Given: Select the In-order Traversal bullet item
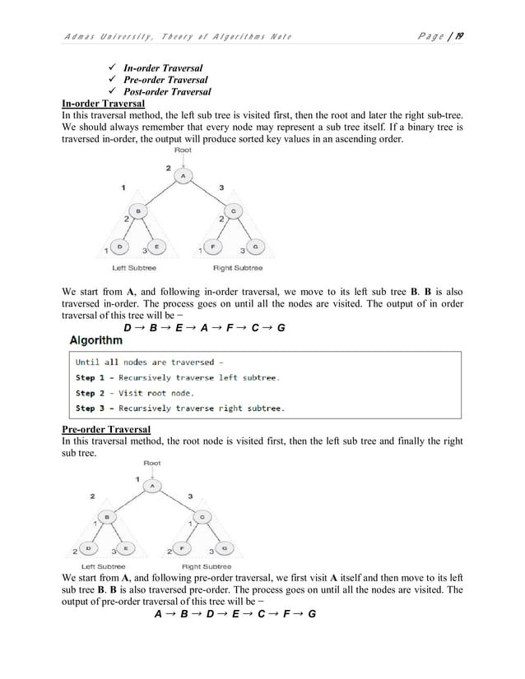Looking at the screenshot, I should tap(163, 67).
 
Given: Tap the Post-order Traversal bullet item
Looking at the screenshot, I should tap(167, 92).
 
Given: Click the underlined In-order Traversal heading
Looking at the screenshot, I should tap(104, 104).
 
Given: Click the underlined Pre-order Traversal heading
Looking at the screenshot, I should tap(105, 429).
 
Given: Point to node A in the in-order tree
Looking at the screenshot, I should tap(183, 175).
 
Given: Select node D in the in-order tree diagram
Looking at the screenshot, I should tap(122, 246).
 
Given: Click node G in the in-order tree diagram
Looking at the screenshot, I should tap(256, 246).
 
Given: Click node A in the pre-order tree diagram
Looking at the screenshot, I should tap(152, 486).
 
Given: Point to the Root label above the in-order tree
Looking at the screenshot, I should tap(183, 149).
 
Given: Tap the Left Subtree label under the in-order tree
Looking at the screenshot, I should tap(134, 267).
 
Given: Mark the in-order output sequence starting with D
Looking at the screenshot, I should tap(204, 328).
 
